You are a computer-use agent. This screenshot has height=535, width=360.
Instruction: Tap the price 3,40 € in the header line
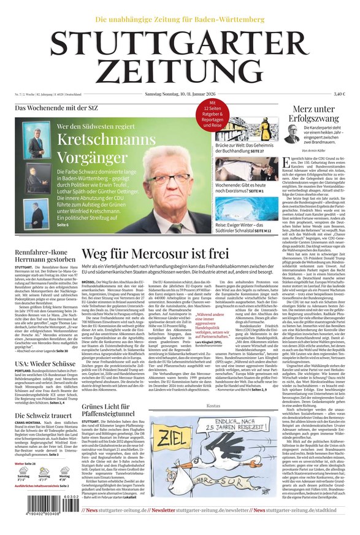click(339, 94)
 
